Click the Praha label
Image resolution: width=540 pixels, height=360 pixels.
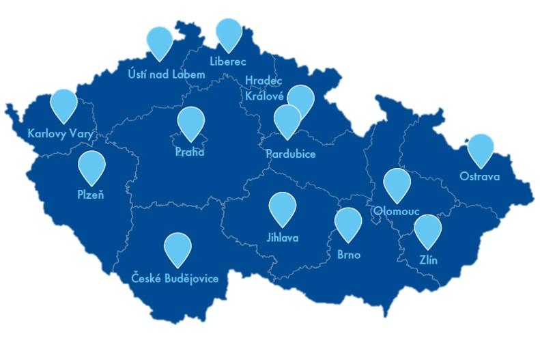[190, 152]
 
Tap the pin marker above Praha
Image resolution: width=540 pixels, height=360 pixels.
[191, 122]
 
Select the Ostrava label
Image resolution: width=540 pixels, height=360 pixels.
[479, 177]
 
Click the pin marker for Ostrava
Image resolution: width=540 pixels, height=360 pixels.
[481, 148]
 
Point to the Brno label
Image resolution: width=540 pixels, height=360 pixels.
[348, 255]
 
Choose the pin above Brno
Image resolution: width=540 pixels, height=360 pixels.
[348, 222]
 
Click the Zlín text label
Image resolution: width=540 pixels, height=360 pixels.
[429, 260]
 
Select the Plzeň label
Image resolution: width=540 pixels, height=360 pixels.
[91, 195]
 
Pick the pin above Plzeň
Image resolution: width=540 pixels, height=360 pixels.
[91, 165]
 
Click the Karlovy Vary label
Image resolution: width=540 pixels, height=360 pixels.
[60, 133]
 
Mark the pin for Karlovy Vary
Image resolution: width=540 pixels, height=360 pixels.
[64, 103]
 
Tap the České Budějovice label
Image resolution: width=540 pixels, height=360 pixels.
[175, 278]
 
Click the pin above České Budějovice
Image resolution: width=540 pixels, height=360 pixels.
[177, 247]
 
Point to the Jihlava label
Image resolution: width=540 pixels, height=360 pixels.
[282, 238]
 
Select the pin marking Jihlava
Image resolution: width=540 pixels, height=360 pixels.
[282, 207]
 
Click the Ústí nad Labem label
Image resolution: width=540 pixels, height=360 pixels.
[167, 74]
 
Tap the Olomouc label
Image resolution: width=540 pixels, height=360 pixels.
[397, 211]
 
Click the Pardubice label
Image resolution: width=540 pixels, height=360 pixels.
[291, 154]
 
